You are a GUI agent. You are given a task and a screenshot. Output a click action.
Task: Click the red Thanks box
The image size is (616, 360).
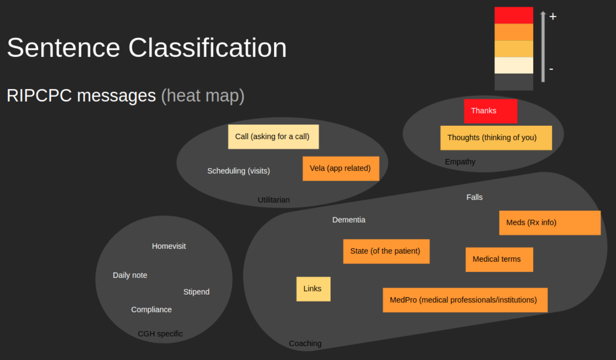(x=491, y=111)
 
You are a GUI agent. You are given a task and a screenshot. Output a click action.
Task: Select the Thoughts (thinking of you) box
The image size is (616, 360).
(x=496, y=138)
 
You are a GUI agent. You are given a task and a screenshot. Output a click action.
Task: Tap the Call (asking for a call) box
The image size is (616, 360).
(x=273, y=137)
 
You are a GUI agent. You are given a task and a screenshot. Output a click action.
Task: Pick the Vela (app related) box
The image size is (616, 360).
(x=341, y=169)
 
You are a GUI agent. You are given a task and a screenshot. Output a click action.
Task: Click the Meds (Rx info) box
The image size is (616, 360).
(x=550, y=223)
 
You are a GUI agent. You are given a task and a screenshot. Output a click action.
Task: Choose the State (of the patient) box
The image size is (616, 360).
(x=386, y=251)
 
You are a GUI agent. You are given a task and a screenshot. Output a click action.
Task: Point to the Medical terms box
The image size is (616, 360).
(x=499, y=259)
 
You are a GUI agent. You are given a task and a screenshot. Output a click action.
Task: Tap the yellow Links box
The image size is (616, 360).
(x=314, y=289)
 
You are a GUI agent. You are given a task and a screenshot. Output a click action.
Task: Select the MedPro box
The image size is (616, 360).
(x=465, y=300)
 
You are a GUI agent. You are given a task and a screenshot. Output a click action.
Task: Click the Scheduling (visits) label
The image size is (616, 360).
(x=238, y=171)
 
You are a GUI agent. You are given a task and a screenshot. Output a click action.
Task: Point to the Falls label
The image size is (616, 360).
(x=474, y=197)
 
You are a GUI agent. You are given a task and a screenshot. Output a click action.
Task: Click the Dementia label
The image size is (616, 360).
(x=349, y=220)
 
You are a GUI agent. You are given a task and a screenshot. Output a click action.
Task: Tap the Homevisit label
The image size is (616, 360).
(x=169, y=246)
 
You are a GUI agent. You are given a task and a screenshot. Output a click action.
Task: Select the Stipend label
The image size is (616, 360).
(x=196, y=292)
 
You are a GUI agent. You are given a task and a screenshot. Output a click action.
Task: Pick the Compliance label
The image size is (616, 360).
(x=151, y=310)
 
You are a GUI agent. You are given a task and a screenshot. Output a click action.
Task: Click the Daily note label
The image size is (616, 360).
(x=130, y=275)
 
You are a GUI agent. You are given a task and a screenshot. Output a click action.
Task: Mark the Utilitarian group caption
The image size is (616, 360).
(x=274, y=200)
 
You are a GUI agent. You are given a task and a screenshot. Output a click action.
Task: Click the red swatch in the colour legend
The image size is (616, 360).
(x=514, y=16)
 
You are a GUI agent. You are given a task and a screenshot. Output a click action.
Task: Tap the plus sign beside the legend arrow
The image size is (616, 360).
(x=553, y=16)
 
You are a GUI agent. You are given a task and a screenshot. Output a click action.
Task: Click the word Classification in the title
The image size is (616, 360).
(x=207, y=48)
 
